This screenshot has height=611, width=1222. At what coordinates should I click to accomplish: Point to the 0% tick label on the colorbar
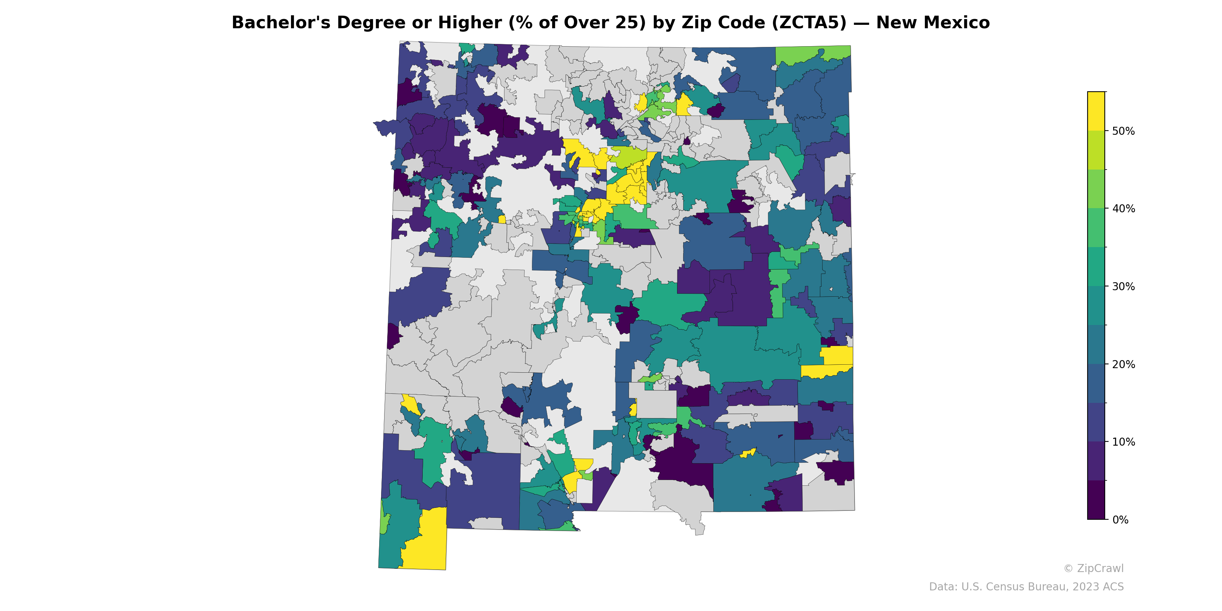pyautogui.click(x=1120, y=520)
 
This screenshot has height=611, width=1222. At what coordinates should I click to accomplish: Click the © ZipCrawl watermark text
pyautogui.click(x=1093, y=568)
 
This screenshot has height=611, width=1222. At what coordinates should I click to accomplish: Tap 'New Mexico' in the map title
pyautogui.click(x=933, y=23)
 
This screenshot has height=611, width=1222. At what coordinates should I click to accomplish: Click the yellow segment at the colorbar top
pyautogui.click(x=1096, y=111)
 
